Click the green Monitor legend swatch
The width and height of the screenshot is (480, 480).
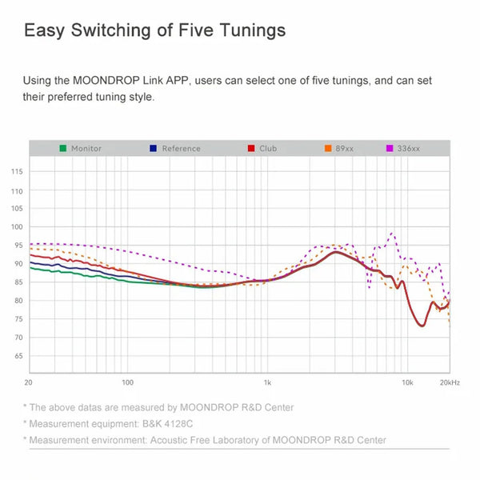click(x=62, y=149)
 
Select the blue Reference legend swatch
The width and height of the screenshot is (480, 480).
click(x=153, y=149)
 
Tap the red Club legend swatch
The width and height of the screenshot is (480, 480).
click(x=250, y=149)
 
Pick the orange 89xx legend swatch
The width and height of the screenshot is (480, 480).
click(x=328, y=149)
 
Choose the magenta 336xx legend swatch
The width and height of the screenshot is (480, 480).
click(x=390, y=149)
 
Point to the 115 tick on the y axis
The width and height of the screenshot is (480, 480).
click(x=17, y=172)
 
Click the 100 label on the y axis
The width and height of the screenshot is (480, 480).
click(x=17, y=209)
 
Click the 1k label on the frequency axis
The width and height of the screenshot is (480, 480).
click(x=267, y=383)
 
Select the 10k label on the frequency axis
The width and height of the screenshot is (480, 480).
click(x=407, y=383)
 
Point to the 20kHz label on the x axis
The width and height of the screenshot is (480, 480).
click(x=449, y=383)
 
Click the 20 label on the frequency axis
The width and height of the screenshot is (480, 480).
click(x=29, y=383)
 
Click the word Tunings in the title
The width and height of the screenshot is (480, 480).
click(x=246, y=31)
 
